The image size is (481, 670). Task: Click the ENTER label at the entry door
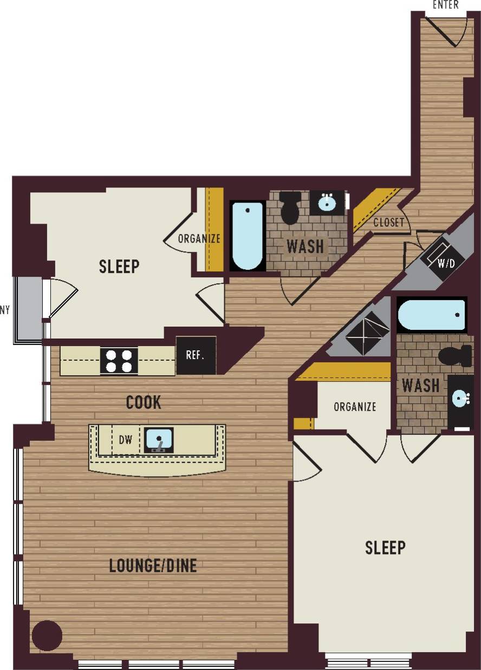coord(446,5)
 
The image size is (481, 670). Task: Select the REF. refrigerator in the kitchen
coord(196,355)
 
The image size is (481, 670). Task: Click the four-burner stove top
coord(119,361)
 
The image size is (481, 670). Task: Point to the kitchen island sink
coord(159,439)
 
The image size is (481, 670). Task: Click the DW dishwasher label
coord(125,440)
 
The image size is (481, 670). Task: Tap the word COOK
coord(144,402)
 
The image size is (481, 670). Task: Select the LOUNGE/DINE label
coord(153,566)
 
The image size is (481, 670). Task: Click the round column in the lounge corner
coord(47,635)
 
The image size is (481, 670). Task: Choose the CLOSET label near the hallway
coord(388,223)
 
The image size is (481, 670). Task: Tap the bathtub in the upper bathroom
coord(248,236)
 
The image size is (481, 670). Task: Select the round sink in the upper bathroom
coord(327,203)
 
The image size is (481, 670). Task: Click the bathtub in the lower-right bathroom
coord(432,315)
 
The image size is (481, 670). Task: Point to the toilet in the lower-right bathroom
coord(455,356)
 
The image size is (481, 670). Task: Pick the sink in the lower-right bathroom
coord(461,400)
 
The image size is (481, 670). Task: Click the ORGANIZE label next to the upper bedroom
coord(199,238)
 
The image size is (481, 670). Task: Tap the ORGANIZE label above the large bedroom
coord(355,407)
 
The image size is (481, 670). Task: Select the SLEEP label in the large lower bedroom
coord(385,548)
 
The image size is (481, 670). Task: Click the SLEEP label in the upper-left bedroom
coord(119,266)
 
